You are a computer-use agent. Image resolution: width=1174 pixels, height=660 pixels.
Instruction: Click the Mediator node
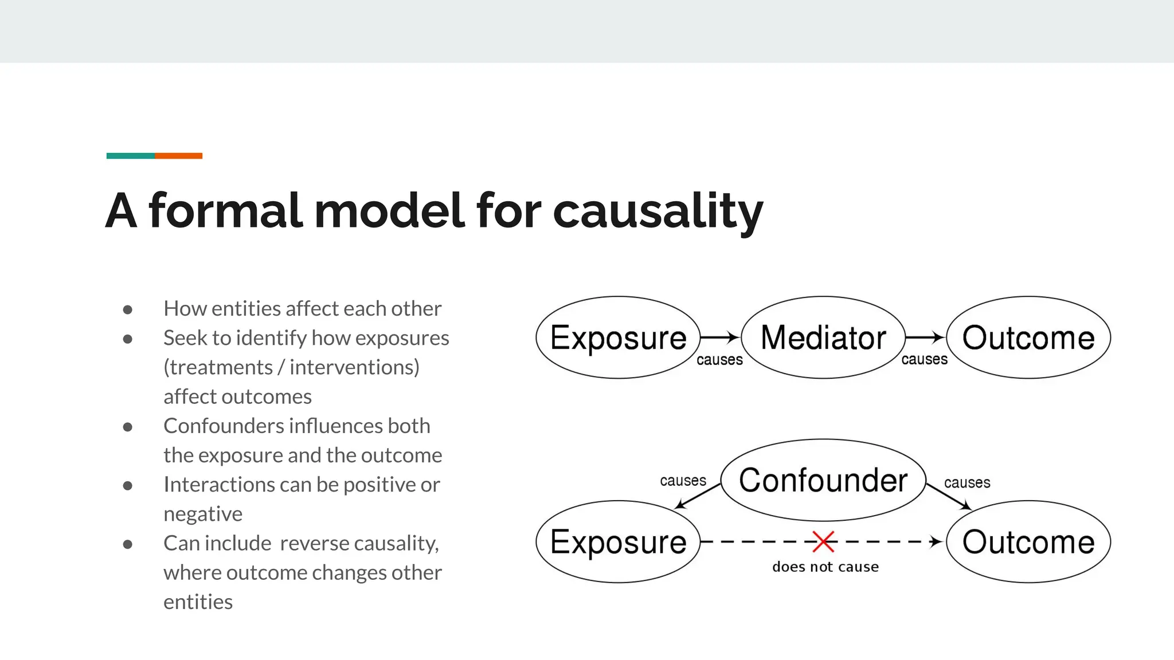(823, 337)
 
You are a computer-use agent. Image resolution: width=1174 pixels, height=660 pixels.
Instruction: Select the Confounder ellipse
(823, 480)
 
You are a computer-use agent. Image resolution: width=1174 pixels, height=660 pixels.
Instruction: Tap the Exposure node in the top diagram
(618, 337)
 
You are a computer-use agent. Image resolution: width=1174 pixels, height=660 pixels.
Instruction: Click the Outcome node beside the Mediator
(1028, 337)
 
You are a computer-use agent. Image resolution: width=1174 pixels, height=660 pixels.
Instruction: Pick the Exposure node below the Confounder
(618, 542)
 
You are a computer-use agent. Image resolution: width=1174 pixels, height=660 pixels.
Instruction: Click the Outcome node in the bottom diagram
(1028, 542)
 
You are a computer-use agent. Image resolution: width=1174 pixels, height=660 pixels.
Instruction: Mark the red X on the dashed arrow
(823, 541)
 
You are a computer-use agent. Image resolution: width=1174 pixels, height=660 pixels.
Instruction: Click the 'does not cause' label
(825, 567)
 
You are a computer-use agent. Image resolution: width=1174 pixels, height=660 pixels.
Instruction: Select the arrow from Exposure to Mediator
(719, 337)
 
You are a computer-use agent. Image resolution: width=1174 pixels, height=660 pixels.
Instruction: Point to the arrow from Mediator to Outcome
(924, 337)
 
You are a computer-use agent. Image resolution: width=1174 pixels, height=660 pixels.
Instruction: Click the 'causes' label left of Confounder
(683, 481)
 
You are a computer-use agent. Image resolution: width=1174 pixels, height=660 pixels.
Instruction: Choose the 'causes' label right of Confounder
(967, 483)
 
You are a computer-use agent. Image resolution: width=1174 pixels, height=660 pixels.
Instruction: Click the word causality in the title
(658, 211)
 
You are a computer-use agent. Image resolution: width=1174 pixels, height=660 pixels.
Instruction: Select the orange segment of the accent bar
(178, 156)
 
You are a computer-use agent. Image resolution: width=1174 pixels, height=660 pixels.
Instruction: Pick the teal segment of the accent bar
(130, 156)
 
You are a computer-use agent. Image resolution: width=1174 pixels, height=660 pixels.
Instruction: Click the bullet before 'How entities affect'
(128, 310)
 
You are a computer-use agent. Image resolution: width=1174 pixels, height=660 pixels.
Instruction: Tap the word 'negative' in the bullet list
(203, 514)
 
